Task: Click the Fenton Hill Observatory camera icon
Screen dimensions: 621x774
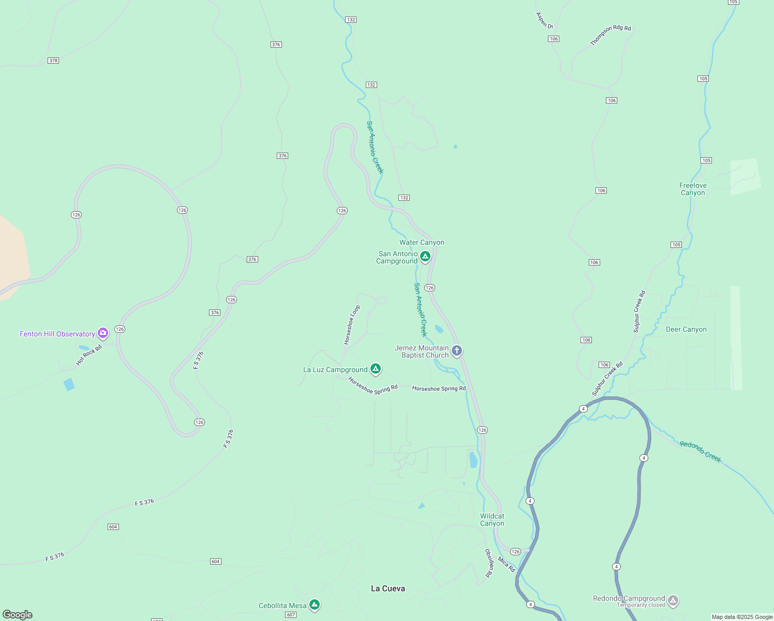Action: [x=103, y=333]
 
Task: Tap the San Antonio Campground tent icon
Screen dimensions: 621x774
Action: [x=425, y=256]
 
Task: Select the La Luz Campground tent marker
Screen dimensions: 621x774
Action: [x=376, y=369]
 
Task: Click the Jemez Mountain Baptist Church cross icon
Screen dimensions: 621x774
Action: [x=456, y=351]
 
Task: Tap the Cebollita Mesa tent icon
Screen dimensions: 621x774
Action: [x=315, y=604]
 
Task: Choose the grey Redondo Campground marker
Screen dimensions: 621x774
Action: [x=673, y=600]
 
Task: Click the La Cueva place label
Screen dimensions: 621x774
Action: [x=388, y=588]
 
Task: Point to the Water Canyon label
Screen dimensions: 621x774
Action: [x=422, y=242]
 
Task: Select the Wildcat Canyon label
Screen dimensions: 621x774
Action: [x=492, y=520]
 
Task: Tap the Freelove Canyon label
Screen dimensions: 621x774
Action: [x=693, y=189]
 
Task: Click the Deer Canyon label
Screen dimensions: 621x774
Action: [x=686, y=329]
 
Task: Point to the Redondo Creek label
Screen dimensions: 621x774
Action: [x=700, y=451]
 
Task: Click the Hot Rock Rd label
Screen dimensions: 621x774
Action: [x=89, y=356]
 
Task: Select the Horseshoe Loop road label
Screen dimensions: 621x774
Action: [x=352, y=325]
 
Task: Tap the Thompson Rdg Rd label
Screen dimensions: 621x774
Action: [x=611, y=35]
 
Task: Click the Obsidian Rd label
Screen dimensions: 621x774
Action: [x=488, y=563]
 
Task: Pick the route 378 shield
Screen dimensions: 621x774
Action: [x=53, y=61]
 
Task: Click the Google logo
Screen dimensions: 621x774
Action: [x=18, y=615]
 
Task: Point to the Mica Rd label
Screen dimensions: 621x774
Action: [x=507, y=564]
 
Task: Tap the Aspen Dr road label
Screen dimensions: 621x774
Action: [x=544, y=20]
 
